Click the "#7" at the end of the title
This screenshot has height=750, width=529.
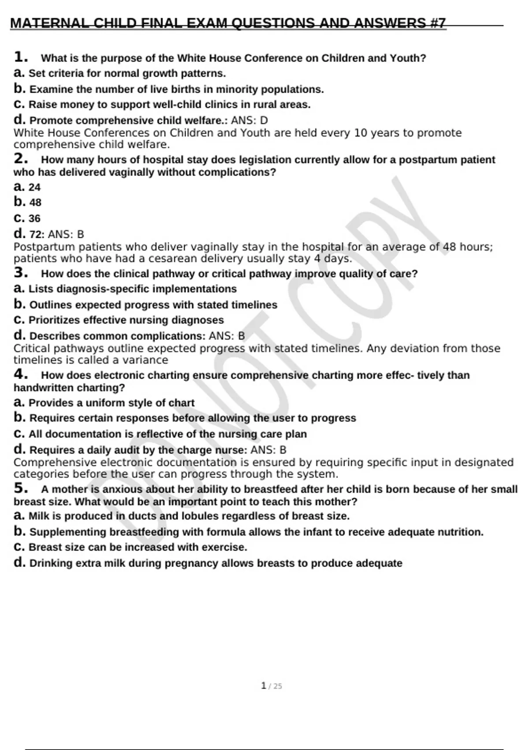[437, 23]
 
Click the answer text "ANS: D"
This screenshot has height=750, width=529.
[249, 120]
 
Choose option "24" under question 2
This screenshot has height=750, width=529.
[34, 187]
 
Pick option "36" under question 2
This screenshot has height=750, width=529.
[34, 219]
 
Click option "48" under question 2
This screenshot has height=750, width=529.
[35, 202]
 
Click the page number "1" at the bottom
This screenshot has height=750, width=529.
[264, 686]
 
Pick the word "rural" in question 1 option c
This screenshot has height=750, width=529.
[265, 105]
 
